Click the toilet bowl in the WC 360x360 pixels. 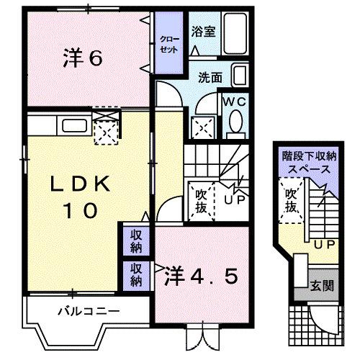click(x=235, y=127)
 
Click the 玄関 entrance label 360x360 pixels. click(x=322, y=285)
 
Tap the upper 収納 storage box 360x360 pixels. click(x=136, y=240)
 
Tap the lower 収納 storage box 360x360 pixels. click(x=136, y=273)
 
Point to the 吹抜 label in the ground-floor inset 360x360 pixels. click(x=290, y=202)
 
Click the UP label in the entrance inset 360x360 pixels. click(x=323, y=244)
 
